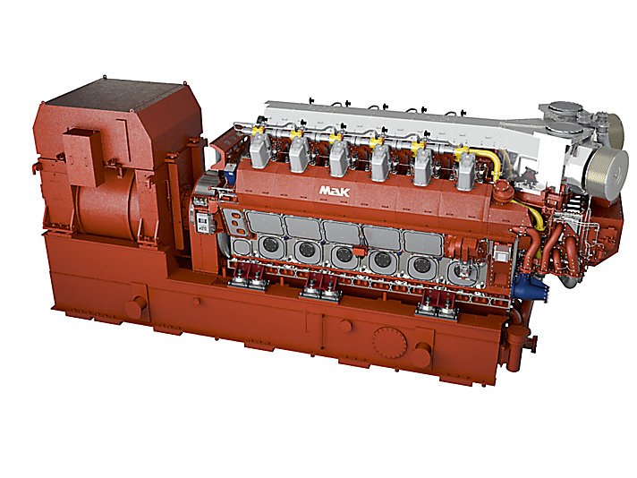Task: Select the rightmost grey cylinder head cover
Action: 466,170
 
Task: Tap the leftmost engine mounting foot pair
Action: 247,282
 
